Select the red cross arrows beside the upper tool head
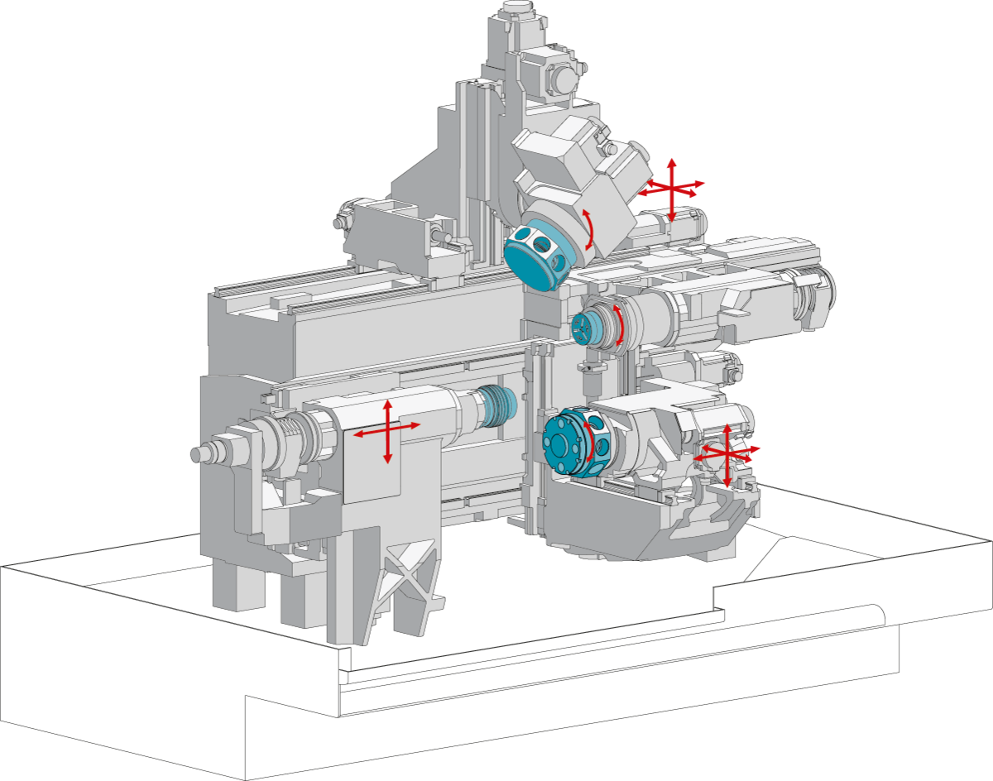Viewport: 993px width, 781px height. [x=672, y=187]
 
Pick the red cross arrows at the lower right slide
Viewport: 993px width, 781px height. [x=727, y=454]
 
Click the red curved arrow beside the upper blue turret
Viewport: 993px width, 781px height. [x=588, y=229]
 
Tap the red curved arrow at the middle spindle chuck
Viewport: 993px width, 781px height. [x=616, y=325]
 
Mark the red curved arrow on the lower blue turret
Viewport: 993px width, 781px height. [x=589, y=441]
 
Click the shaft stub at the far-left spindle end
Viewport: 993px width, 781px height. [x=202, y=453]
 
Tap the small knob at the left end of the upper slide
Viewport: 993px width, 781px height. [x=339, y=222]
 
